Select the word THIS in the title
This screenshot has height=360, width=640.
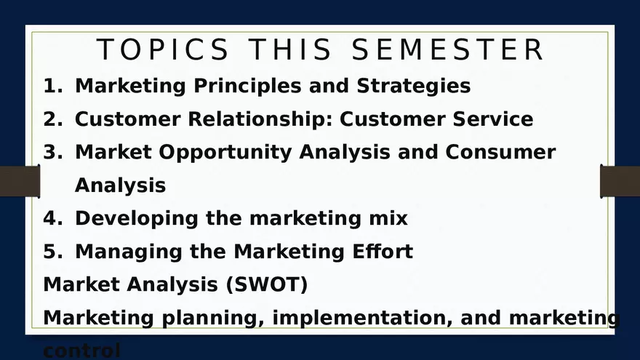click(x=291, y=50)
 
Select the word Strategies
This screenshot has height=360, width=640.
click(x=413, y=86)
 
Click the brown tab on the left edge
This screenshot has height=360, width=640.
click(x=20, y=181)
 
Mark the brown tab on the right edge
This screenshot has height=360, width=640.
click(x=620, y=181)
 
